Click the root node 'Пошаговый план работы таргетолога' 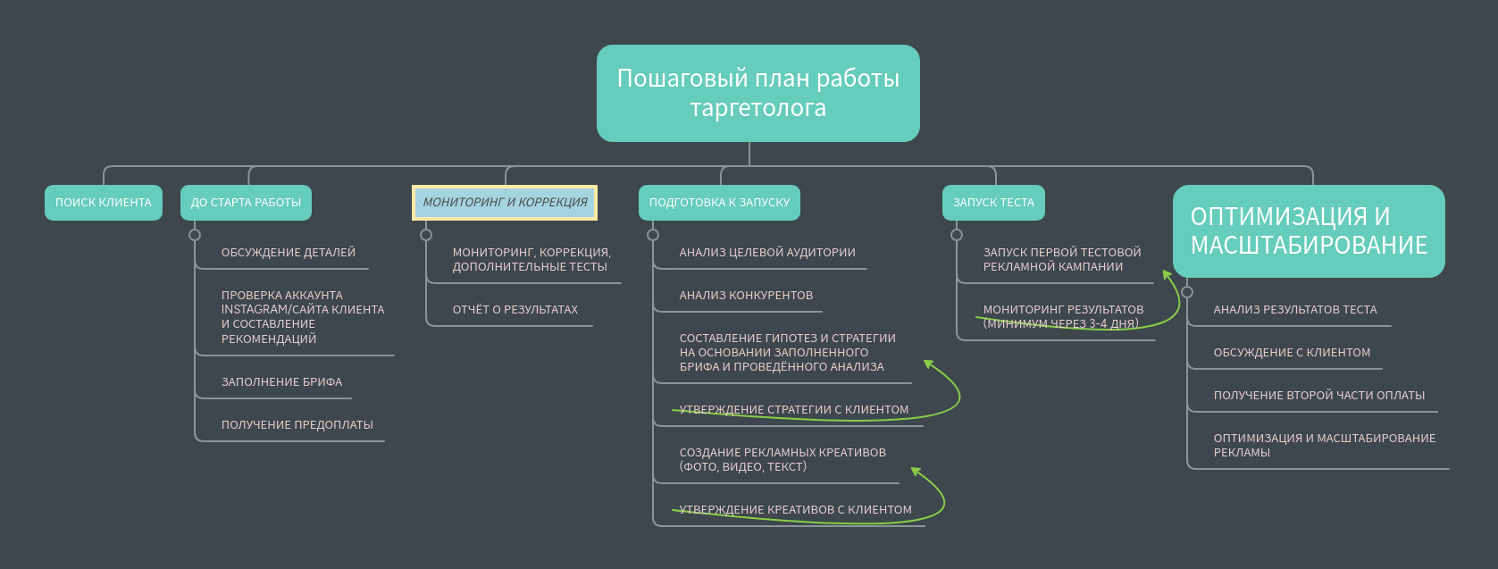(x=757, y=93)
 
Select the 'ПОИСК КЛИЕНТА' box (x=104, y=203)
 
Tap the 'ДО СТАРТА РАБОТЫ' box (x=247, y=203)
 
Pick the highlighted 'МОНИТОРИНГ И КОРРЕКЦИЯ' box (x=505, y=203)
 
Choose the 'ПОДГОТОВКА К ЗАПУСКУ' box (x=720, y=203)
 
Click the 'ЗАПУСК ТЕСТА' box (x=994, y=203)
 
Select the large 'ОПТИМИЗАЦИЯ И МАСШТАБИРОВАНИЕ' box (x=1309, y=231)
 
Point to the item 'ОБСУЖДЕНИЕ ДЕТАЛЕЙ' (x=289, y=253)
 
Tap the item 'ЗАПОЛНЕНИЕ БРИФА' (x=281, y=381)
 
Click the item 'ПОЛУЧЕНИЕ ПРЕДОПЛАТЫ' (x=297, y=424)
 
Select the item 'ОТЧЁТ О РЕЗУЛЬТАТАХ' (x=515, y=310)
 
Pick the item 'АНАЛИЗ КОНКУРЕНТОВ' (x=747, y=296)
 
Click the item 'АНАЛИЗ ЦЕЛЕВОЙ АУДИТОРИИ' (x=767, y=253)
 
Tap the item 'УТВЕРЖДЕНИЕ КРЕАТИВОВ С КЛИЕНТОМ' (x=796, y=509)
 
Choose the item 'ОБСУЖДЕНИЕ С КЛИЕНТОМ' (x=1292, y=352)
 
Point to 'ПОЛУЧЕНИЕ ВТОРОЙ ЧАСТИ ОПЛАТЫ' (x=1319, y=395)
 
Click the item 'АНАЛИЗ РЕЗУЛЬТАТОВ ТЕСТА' (x=1295, y=310)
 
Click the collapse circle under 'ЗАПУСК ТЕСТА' (x=957, y=235)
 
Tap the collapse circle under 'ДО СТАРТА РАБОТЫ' (x=195, y=235)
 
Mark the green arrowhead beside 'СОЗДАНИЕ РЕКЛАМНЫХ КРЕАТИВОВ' (x=916, y=472)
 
